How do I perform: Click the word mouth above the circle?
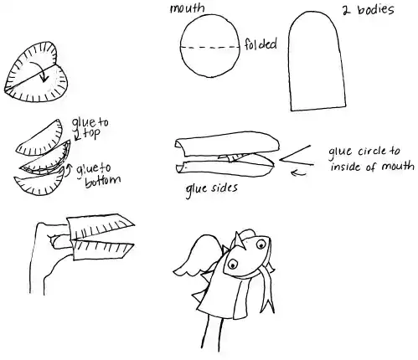point(188,8)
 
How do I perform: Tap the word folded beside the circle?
point(261,44)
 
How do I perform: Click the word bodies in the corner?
point(376,10)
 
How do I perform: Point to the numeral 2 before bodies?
point(346,11)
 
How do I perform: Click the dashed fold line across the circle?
point(210,48)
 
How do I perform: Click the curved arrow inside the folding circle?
point(39,71)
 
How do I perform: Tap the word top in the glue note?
point(91,133)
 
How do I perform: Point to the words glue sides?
point(212,189)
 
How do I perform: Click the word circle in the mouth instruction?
point(371,152)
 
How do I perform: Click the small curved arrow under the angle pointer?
point(298,173)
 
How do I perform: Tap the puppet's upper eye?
point(261,244)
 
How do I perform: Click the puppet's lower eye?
point(232,264)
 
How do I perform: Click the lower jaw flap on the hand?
point(102,250)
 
